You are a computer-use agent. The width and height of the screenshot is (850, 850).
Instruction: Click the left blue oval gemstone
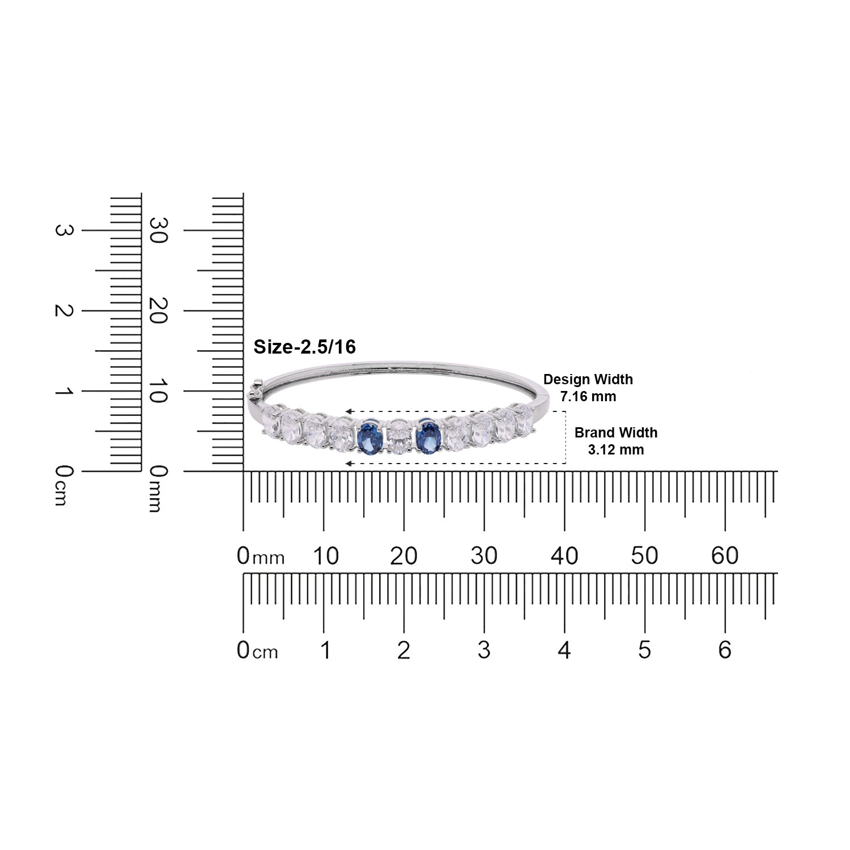click(369, 437)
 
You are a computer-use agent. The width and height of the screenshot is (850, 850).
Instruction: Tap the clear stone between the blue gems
click(399, 437)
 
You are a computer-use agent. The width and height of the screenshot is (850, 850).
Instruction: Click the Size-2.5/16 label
click(304, 347)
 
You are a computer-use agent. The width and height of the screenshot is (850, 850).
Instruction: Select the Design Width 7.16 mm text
click(588, 388)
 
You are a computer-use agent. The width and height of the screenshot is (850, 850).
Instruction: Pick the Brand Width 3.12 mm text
click(616, 441)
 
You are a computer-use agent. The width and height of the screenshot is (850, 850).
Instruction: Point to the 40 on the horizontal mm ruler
click(564, 556)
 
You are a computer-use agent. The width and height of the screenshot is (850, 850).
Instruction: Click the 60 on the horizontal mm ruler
click(725, 556)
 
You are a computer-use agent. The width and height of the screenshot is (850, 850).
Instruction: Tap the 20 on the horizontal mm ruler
click(403, 556)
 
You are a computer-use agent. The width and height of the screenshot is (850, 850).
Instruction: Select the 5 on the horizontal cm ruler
click(644, 650)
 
